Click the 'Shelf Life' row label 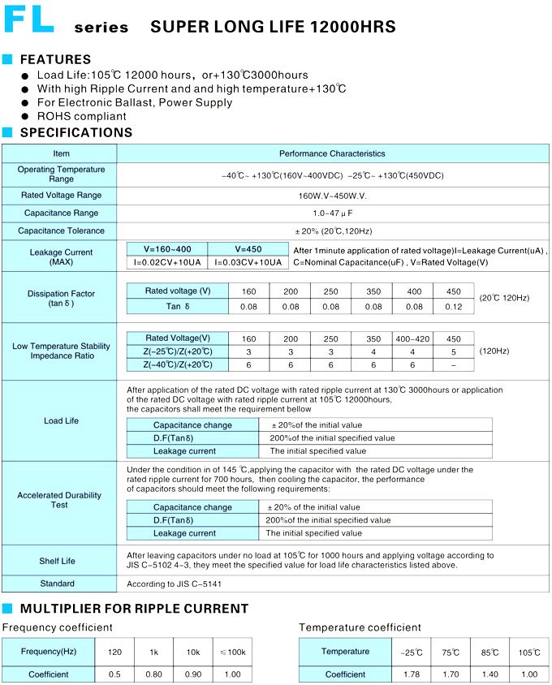coord(57,561)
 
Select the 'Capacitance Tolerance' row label coord(61,230)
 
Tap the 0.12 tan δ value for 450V coord(454,307)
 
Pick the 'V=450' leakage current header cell coord(248,249)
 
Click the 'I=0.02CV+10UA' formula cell coord(167,262)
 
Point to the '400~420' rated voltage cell coord(413,338)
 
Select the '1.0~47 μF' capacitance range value coord(333,213)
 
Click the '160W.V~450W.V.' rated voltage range coord(333,195)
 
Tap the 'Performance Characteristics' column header coord(333,153)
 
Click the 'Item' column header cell coord(62,153)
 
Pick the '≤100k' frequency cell coord(233,653)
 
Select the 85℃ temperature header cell coord(489,653)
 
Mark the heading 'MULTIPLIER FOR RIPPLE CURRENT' coord(134,609)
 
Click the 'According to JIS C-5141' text coord(175,584)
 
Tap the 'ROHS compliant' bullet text coord(82,116)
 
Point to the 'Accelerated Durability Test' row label coord(59,500)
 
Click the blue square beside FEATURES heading coord(7,59)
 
